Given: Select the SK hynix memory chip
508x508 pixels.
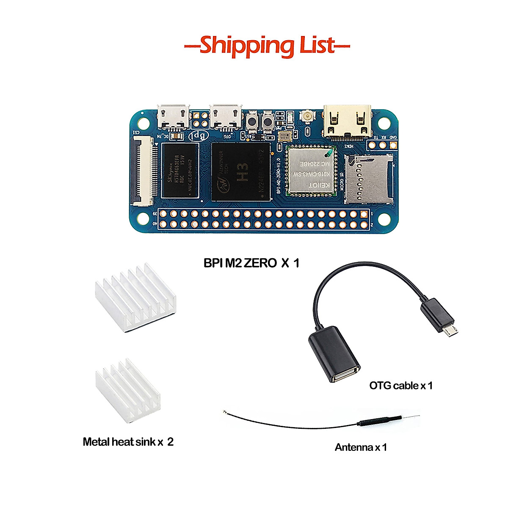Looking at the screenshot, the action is (x=180, y=171).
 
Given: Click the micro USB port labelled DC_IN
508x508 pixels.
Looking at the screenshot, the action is (x=173, y=116).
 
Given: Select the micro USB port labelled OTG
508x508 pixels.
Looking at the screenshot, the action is (x=226, y=116).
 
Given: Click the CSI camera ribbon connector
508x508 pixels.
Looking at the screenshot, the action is (x=144, y=171).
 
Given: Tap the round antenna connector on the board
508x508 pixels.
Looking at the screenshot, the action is (x=305, y=115).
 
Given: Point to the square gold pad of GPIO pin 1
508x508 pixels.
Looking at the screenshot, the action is (x=364, y=214).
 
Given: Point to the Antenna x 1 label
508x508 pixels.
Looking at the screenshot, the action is (x=361, y=447).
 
